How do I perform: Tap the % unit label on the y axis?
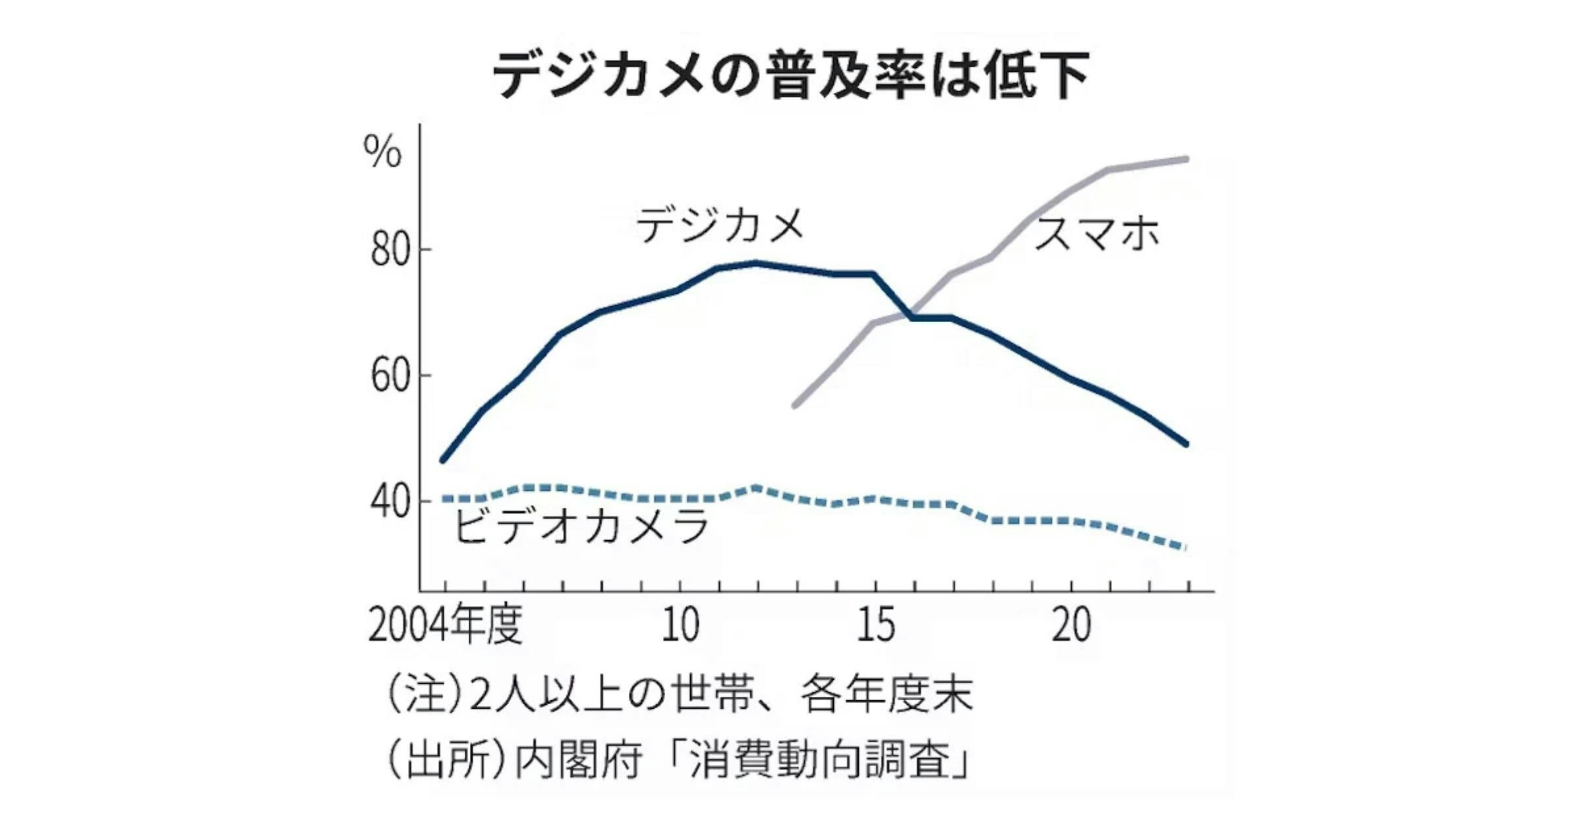382,152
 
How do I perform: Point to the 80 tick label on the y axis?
390,250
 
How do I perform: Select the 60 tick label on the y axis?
390,376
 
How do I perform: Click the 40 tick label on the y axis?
390,502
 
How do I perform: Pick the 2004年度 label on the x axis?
446,624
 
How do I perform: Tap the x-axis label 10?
680,624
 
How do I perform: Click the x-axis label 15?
876,624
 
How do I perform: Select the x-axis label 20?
1071,624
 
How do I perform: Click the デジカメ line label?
720,225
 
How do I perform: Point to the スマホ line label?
1096,233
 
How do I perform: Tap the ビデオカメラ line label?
582,526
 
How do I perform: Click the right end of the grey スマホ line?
1186,159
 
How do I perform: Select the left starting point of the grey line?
795,406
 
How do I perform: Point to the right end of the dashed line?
1186,547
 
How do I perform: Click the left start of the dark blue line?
443,460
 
